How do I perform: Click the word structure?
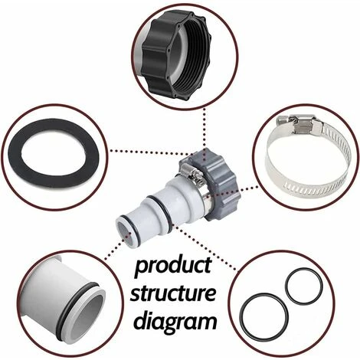click(x=173, y=293)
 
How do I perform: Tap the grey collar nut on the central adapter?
click(x=220, y=184)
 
